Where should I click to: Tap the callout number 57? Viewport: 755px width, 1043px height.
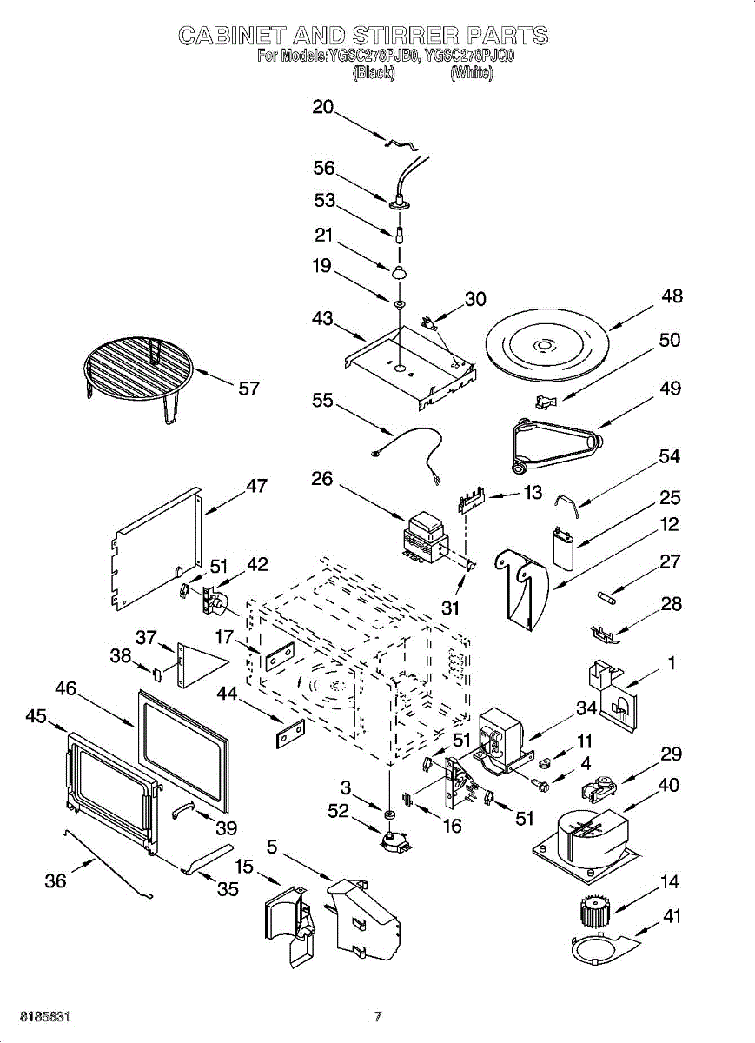(x=248, y=389)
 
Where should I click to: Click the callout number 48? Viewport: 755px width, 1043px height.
(x=672, y=296)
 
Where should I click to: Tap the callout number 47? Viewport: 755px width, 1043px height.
(x=256, y=486)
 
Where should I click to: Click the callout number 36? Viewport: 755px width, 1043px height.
(x=55, y=880)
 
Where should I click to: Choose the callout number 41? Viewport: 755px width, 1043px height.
(x=672, y=915)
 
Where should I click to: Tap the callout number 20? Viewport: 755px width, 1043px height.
(x=323, y=107)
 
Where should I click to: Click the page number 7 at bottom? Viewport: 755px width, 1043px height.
(x=378, y=1016)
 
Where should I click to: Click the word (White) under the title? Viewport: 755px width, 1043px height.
(x=472, y=74)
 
